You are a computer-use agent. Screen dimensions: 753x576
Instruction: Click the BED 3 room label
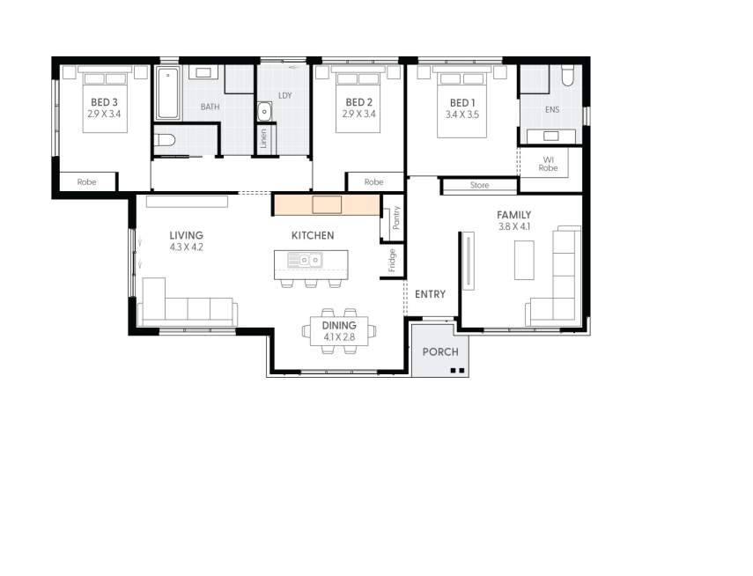pos(104,102)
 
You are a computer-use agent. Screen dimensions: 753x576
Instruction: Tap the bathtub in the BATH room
pos(167,93)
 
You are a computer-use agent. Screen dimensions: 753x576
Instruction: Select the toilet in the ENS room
pos(568,75)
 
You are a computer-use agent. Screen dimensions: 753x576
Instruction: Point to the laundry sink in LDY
pos(264,112)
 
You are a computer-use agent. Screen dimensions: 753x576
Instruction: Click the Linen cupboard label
pos(263,139)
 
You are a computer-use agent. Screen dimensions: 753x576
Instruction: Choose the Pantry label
pos(396,218)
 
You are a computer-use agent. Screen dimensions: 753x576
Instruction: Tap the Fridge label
pos(392,261)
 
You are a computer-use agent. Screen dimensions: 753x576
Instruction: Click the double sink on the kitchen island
pos(305,260)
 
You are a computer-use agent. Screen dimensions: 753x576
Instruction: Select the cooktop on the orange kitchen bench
pos(327,204)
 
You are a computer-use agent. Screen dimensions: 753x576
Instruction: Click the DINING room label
pos(339,326)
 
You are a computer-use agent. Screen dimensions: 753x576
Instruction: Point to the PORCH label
pos(440,352)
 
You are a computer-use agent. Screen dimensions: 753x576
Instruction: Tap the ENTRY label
pos(431,294)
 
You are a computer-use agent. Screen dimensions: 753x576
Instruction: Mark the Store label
pos(479,185)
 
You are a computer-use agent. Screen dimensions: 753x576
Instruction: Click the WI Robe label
pos(548,164)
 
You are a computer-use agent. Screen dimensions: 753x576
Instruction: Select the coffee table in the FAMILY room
pos(524,260)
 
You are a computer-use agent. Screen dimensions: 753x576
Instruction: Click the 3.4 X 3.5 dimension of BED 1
pos(462,114)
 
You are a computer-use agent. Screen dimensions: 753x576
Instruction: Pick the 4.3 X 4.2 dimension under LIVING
pos(187,247)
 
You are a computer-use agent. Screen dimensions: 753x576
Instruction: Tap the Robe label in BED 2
pos(373,182)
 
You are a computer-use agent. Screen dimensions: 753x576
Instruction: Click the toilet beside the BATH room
pos(165,140)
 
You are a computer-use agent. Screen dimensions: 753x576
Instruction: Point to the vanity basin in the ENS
pos(550,136)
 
